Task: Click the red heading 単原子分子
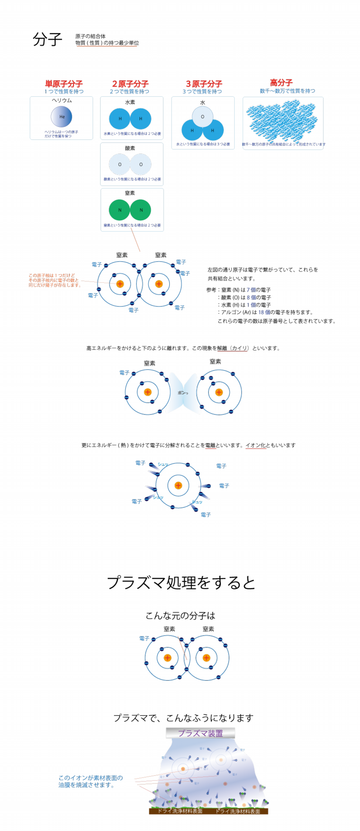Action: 64,83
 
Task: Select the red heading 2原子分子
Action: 130,83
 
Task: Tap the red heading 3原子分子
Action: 204,83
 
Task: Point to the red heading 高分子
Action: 281,82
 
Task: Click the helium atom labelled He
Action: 62,116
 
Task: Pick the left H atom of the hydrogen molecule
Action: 120,118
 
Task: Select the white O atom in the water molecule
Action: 202,116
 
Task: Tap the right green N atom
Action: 141,210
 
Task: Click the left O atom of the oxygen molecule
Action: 120,164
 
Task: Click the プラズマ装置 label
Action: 200,733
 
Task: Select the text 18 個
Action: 264,312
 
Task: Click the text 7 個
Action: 251,290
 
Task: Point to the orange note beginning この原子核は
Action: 55,280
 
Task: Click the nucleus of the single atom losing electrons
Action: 178,486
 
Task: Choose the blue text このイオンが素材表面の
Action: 90,777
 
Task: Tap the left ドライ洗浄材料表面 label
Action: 180,811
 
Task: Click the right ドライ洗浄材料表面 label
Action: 237,811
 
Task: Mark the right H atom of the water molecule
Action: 213,130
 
